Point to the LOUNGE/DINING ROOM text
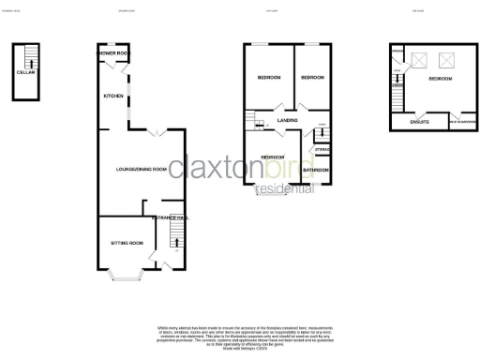(x=141, y=169)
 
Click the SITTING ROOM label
(x=127, y=242)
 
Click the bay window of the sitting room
(x=125, y=276)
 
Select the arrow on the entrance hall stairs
(x=176, y=245)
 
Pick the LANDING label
(x=275, y=120)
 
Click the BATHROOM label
(x=316, y=170)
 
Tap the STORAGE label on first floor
(x=322, y=147)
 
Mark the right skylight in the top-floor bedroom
(x=447, y=61)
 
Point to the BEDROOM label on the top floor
(x=440, y=79)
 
